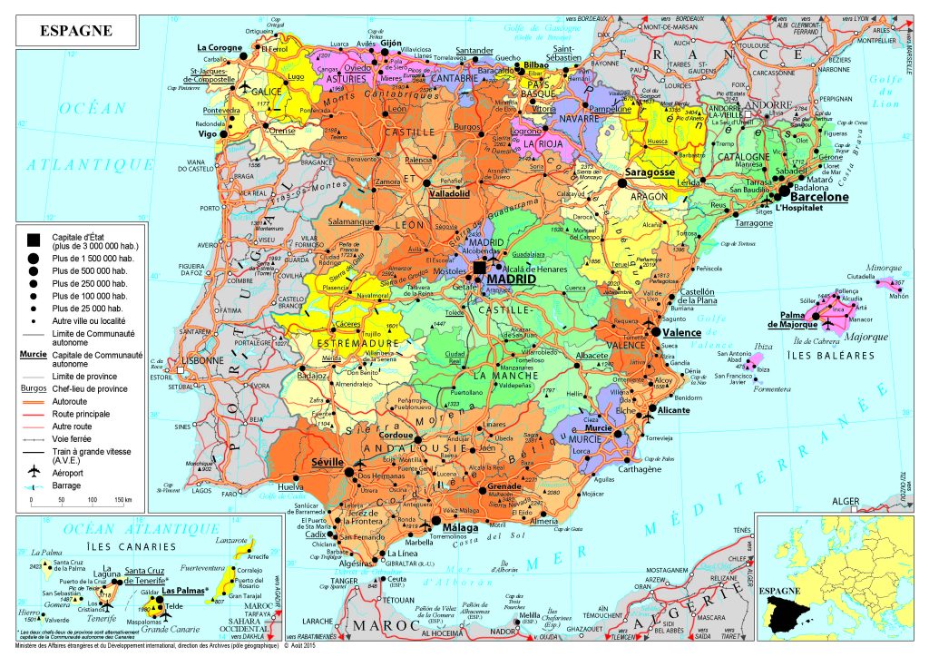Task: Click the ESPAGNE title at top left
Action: point(76,30)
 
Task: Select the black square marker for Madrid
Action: point(480,267)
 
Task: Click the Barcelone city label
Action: point(819,196)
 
